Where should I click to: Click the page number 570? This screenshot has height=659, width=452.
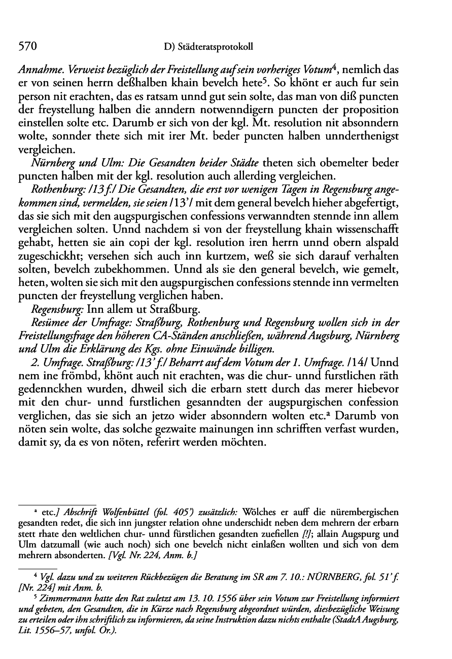(28, 46)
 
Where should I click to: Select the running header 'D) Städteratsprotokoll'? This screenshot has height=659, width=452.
(208, 47)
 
